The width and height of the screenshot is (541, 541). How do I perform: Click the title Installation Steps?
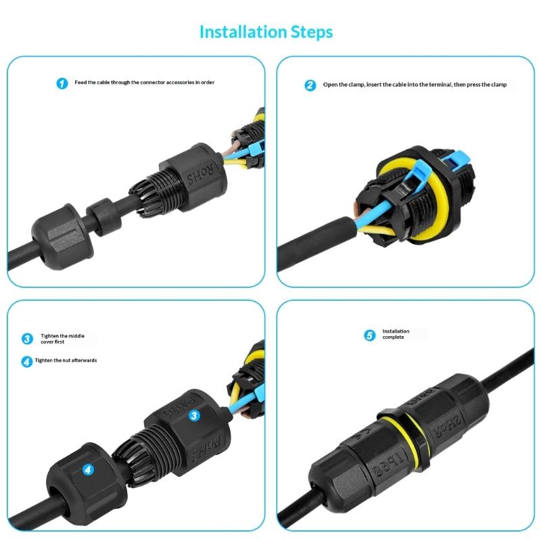click(266, 32)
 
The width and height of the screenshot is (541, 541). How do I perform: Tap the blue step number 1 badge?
click(62, 83)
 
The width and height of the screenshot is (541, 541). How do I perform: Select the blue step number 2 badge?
click(310, 85)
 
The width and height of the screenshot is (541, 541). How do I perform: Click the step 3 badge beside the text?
click(27, 339)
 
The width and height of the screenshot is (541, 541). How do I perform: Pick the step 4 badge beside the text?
click(27, 361)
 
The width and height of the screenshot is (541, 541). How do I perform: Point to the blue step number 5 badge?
click(369, 335)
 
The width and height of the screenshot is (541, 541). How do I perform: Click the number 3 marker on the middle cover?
click(193, 416)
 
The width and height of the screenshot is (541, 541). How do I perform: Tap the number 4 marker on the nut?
click(89, 468)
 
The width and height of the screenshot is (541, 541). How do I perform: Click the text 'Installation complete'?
click(396, 334)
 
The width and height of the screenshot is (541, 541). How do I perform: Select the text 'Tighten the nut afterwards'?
click(66, 360)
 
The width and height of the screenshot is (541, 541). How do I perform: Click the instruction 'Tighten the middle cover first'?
click(62, 339)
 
